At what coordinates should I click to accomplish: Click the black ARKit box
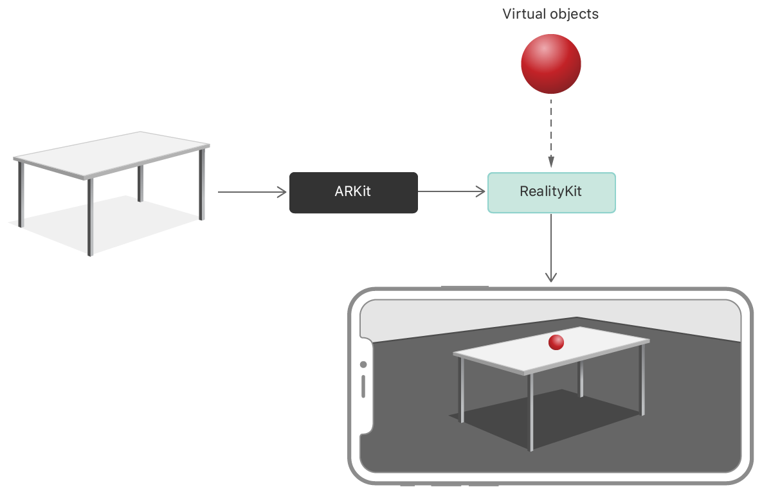coord(353,192)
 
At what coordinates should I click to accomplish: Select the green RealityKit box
coord(551,192)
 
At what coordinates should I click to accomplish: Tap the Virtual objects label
coord(550,14)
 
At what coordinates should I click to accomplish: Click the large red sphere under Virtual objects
coord(550,64)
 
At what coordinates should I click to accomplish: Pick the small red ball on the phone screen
coord(556,342)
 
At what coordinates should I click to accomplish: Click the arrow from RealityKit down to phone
coord(550,248)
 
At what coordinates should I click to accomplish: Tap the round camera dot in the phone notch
coord(363,365)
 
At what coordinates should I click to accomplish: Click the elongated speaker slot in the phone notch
coord(363,386)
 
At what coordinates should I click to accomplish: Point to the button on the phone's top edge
coord(464,287)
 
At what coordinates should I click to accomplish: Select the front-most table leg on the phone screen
coord(531,411)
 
